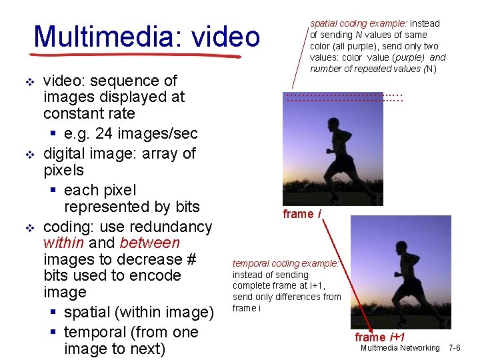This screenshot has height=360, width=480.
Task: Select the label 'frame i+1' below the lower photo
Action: point(380,337)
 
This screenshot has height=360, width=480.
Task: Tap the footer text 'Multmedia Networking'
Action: point(400,348)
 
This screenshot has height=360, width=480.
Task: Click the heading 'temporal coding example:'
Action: point(286,263)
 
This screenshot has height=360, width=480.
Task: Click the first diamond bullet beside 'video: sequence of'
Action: point(29,82)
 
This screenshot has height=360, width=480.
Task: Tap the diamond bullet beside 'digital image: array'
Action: point(29,155)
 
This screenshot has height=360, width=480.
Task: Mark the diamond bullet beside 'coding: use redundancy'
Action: point(29,227)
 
